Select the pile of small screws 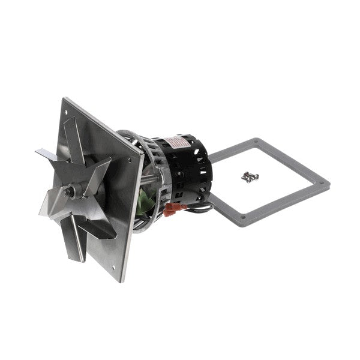point(248,175)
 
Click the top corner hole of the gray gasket point(258,142)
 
